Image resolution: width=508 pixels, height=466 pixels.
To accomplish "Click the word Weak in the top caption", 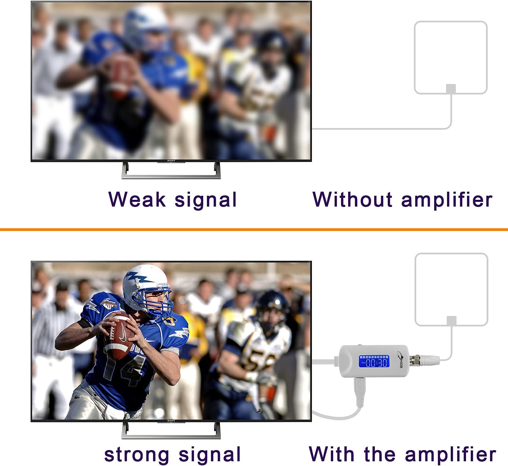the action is [x=137, y=199].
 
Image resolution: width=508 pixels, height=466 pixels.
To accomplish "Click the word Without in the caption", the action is [x=353, y=199].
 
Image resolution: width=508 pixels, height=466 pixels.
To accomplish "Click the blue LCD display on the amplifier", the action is [x=374, y=361].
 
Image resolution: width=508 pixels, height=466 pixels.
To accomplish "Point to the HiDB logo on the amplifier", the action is [x=400, y=359].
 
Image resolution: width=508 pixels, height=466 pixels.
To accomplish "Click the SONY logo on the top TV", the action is [x=171, y=161].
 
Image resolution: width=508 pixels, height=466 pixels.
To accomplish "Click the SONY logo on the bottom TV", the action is [x=171, y=421].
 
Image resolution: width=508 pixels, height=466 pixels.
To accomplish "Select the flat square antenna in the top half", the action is [x=450, y=58].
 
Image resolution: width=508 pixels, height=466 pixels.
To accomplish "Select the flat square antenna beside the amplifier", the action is [x=451, y=289].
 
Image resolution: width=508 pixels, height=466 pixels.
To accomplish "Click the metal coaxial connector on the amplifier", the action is [x=415, y=360].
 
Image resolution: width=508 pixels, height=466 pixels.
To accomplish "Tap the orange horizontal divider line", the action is [x=254, y=230].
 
